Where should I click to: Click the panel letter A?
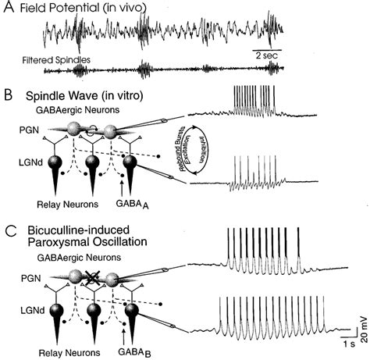click(9, 6)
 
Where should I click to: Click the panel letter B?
click(9, 95)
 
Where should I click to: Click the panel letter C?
click(11, 231)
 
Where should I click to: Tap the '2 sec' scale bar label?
click(267, 55)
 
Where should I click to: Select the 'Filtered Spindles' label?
click(56, 60)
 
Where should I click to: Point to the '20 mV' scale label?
click(365, 330)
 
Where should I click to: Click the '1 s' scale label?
click(349, 344)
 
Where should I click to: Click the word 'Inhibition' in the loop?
click(201, 149)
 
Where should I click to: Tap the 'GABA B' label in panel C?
click(134, 353)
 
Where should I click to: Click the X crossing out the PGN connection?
click(93, 277)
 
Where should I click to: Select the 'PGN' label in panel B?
click(30, 130)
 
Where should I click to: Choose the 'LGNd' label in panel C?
click(32, 310)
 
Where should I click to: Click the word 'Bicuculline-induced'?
click(79, 230)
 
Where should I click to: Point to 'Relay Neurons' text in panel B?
click(68, 205)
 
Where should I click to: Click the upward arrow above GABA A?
click(122, 188)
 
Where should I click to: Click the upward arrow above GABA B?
click(124, 337)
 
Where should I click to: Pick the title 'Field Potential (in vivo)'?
click(83, 8)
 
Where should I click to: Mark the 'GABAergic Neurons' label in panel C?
click(79, 258)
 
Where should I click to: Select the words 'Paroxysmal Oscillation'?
click(87, 242)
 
